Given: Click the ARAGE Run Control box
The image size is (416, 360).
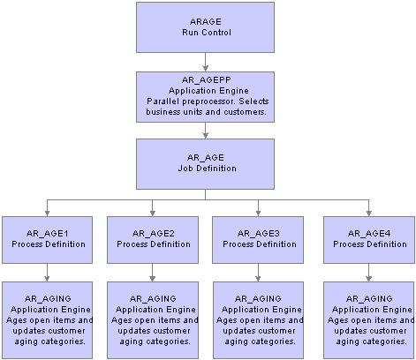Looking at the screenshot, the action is (x=205, y=27).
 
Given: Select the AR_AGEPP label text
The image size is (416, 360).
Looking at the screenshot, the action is (x=207, y=80).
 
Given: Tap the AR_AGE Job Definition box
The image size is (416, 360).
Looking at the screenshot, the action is (x=205, y=164).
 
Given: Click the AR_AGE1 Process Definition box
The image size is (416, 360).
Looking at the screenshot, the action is (x=47, y=240).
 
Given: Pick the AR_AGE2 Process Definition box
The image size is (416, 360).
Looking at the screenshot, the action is (x=153, y=240).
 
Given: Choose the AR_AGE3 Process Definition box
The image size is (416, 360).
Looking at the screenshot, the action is (x=258, y=240).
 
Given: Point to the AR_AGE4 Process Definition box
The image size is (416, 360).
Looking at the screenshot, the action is (x=369, y=240).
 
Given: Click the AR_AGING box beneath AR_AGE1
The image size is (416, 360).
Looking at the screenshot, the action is (x=47, y=320).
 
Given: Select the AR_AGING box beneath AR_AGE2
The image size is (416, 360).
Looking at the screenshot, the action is (x=153, y=320).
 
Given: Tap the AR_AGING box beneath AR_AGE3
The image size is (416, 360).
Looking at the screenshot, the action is (x=258, y=320).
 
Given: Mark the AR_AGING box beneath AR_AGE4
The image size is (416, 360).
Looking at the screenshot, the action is (x=369, y=320).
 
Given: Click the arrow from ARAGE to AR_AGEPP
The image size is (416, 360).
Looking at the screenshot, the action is (x=205, y=62).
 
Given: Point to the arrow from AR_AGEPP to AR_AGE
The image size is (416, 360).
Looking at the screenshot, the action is (x=205, y=131).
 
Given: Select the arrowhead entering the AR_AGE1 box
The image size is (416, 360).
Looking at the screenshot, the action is (x=47, y=214).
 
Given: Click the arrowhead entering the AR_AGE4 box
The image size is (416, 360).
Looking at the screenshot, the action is (x=369, y=214).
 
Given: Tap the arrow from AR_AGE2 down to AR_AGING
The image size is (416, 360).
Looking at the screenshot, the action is (x=153, y=273).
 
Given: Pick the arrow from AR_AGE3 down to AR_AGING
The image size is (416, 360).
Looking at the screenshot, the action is (x=258, y=273).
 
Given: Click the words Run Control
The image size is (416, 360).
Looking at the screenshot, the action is (x=207, y=32).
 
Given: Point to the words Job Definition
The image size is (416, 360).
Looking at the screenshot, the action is (x=207, y=169).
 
